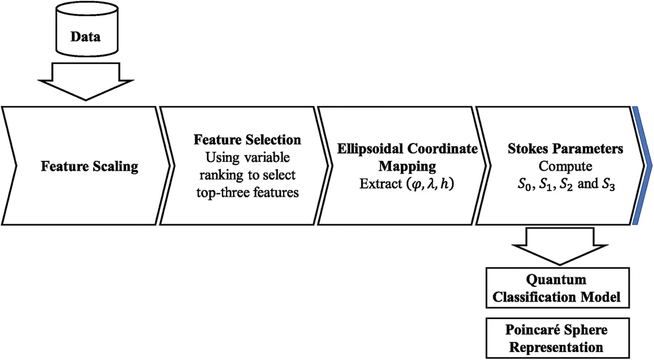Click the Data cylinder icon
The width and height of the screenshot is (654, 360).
click(87, 30)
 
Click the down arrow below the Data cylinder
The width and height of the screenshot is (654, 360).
click(86, 82)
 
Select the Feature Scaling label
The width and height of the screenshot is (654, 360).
click(90, 167)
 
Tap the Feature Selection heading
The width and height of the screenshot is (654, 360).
click(247, 140)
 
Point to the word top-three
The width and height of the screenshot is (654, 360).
click(222, 193)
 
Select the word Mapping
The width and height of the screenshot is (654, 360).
click(407, 167)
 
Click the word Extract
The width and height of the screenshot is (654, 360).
click(381, 184)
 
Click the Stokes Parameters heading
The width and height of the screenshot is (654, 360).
click(565, 149)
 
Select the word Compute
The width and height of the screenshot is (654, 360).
click(565, 167)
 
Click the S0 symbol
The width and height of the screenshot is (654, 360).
click(525, 185)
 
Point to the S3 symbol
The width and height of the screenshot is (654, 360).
click(608, 185)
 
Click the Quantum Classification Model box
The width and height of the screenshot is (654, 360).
click(558, 288)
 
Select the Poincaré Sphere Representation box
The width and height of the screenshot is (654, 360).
click(558, 338)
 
